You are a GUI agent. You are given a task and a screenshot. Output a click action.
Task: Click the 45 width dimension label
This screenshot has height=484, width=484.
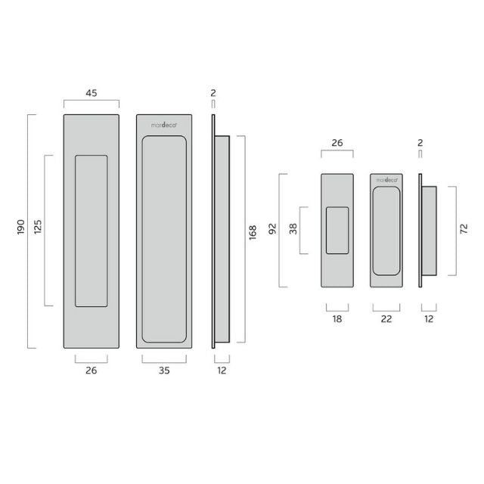91,94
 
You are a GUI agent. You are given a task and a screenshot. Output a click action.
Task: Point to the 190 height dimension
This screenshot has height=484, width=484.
20,231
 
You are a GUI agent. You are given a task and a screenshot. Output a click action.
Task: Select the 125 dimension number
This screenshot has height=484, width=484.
38,231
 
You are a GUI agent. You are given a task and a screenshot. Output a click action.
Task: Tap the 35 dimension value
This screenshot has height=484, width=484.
164,371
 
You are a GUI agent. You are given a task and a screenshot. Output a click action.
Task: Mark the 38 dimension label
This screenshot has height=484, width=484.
292,230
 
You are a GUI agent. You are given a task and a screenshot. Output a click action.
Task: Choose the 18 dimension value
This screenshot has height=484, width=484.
337,320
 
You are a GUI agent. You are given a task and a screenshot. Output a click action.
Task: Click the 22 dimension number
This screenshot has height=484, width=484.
386,320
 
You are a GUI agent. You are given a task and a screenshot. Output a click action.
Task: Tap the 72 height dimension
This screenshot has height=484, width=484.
462,230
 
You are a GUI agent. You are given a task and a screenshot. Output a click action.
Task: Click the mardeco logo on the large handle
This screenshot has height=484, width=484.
164,125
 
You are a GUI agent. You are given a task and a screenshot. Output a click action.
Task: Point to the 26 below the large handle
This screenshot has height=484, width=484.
91,371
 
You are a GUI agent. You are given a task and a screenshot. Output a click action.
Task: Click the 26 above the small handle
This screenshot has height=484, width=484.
337,141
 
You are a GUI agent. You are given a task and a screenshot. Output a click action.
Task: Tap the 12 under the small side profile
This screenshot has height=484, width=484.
429,320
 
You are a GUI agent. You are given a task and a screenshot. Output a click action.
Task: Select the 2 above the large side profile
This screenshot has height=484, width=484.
214,94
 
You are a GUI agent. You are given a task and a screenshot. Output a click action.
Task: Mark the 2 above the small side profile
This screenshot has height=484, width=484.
420,141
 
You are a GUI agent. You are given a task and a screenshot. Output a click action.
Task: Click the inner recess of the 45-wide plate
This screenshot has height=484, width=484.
91,231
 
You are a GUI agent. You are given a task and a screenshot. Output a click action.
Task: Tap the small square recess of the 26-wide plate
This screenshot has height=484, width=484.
337,230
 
